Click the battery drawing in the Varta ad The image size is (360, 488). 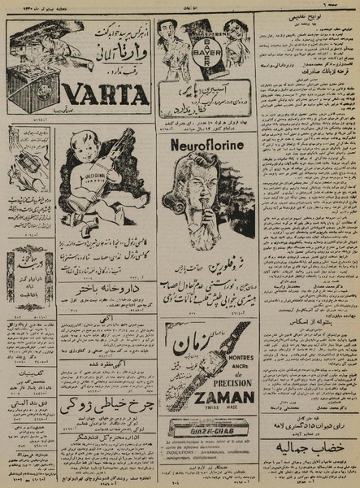click(x=31, y=86)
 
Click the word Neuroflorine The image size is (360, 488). click(x=209, y=146)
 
